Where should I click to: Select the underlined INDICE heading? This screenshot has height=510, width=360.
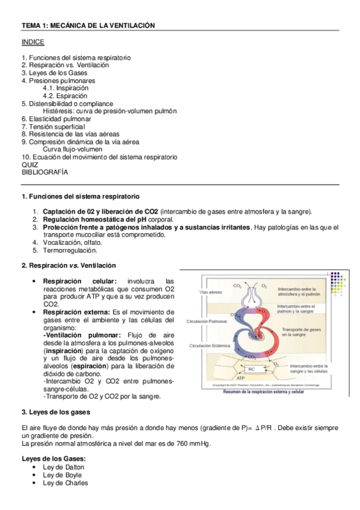32,43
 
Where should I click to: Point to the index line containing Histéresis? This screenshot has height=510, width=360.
110,111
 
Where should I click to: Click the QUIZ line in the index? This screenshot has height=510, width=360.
29,164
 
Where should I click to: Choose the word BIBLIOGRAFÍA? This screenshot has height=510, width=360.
45,172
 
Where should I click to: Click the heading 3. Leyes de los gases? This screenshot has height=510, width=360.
56,413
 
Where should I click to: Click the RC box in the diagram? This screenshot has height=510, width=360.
251,369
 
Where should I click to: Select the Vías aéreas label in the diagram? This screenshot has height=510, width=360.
211,292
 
